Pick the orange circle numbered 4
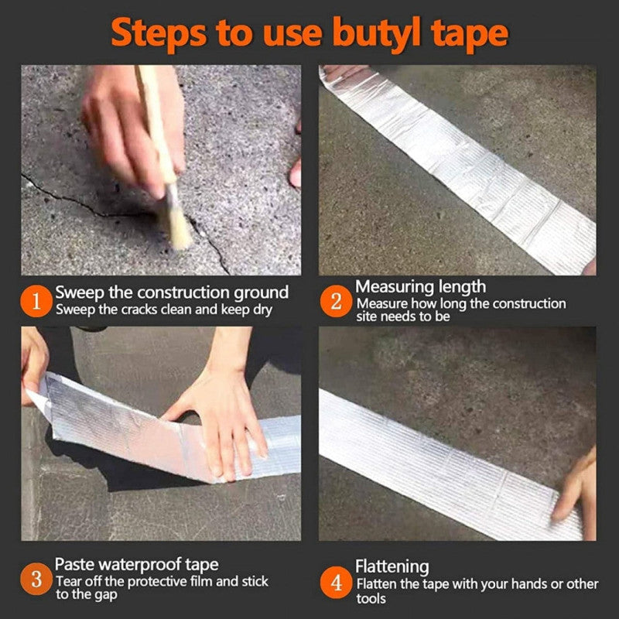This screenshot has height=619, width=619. click(336, 583)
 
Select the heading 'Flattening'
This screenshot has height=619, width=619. click(392, 567)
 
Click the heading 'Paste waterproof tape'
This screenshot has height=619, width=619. click(136, 565)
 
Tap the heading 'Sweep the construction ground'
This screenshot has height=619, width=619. click(172, 292)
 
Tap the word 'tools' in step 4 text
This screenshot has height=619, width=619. click(371, 599)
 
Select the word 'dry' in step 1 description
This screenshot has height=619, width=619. click(262, 309)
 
